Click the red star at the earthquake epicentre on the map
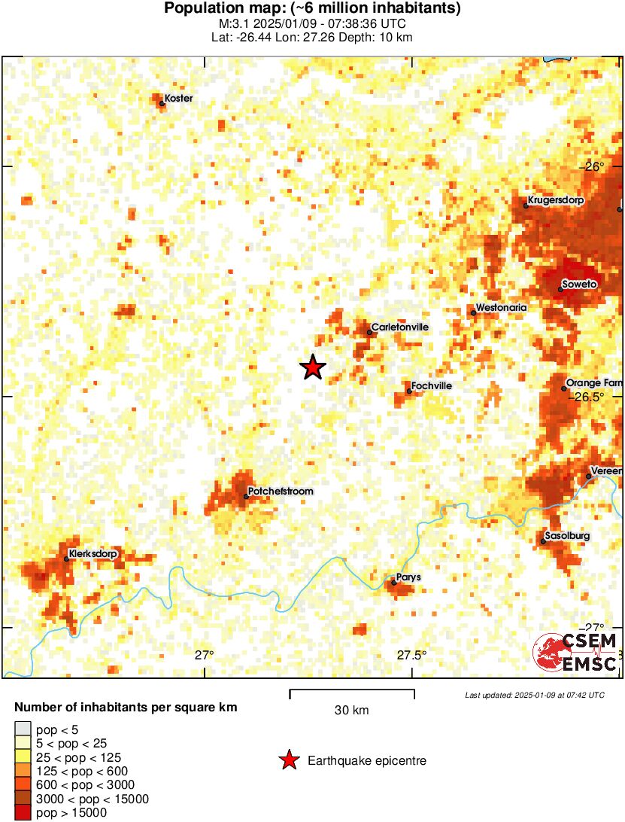pos(313,367)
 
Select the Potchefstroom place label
pos(281,492)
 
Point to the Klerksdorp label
pos(93,555)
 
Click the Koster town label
pos(178,99)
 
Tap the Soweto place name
pos(580,285)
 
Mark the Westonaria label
pos(502,308)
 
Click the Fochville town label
pos(432,385)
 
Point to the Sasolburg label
pos(569,536)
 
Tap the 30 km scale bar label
pos(351,711)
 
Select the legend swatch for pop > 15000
pos(23,812)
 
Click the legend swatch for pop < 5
pos(23,729)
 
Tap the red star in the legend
pos(289,761)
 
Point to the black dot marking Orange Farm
pos(564,388)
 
